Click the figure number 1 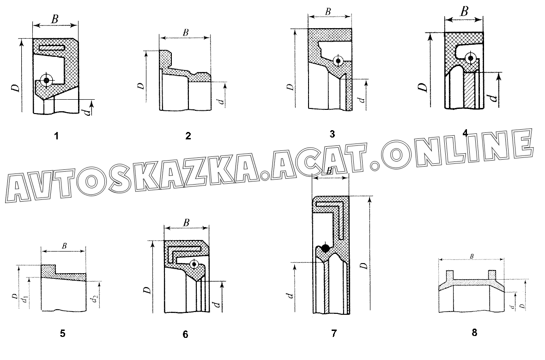click(56, 136)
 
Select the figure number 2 click(188, 136)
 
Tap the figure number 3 click(332, 134)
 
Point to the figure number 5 click(63, 333)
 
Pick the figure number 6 click(185, 335)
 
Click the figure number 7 click(334, 333)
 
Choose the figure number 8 click(474, 332)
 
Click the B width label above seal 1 click(54, 19)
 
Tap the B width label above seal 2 click(186, 32)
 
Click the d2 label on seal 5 click(94, 300)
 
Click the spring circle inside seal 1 click(46, 80)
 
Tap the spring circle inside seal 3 click(339, 60)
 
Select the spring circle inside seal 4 click(470, 58)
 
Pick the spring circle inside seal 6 click(194, 264)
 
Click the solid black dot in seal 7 click(325, 248)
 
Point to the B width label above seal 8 click(471, 256)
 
